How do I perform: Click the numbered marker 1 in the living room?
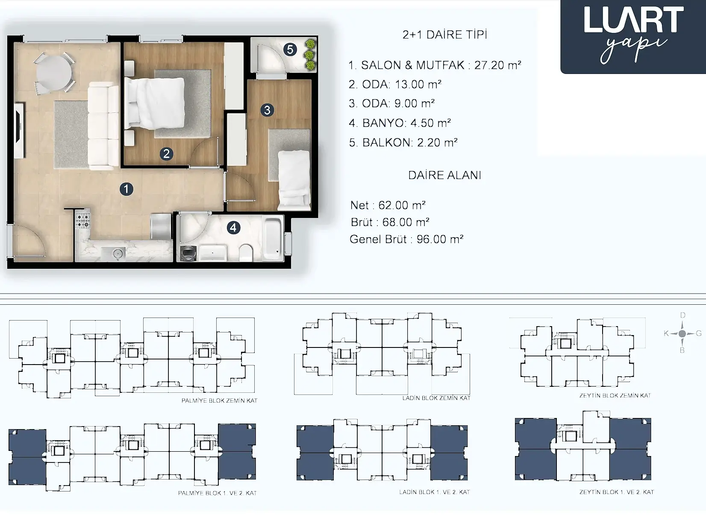pyautogui.click(x=126, y=189)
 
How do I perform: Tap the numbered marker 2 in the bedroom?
pyautogui.click(x=166, y=154)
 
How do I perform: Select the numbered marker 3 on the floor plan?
pyautogui.click(x=267, y=110)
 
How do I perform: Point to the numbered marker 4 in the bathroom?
pyautogui.click(x=233, y=228)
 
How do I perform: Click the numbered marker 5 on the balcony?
pyautogui.click(x=290, y=50)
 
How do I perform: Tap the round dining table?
pyautogui.click(x=54, y=73)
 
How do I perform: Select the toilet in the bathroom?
pyautogui.click(x=246, y=253)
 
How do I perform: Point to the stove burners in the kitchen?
pyautogui.click(x=83, y=220)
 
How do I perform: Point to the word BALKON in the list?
pyautogui.click(x=387, y=142)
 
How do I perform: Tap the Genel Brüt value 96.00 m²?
pyautogui.click(x=440, y=239)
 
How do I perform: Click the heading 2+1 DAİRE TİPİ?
pyautogui.click(x=445, y=35)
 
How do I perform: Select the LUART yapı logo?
pyautogui.click(x=633, y=36)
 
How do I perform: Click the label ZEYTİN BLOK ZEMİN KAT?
pyautogui.click(x=615, y=395)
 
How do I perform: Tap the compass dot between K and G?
pyautogui.click(x=682, y=333)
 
